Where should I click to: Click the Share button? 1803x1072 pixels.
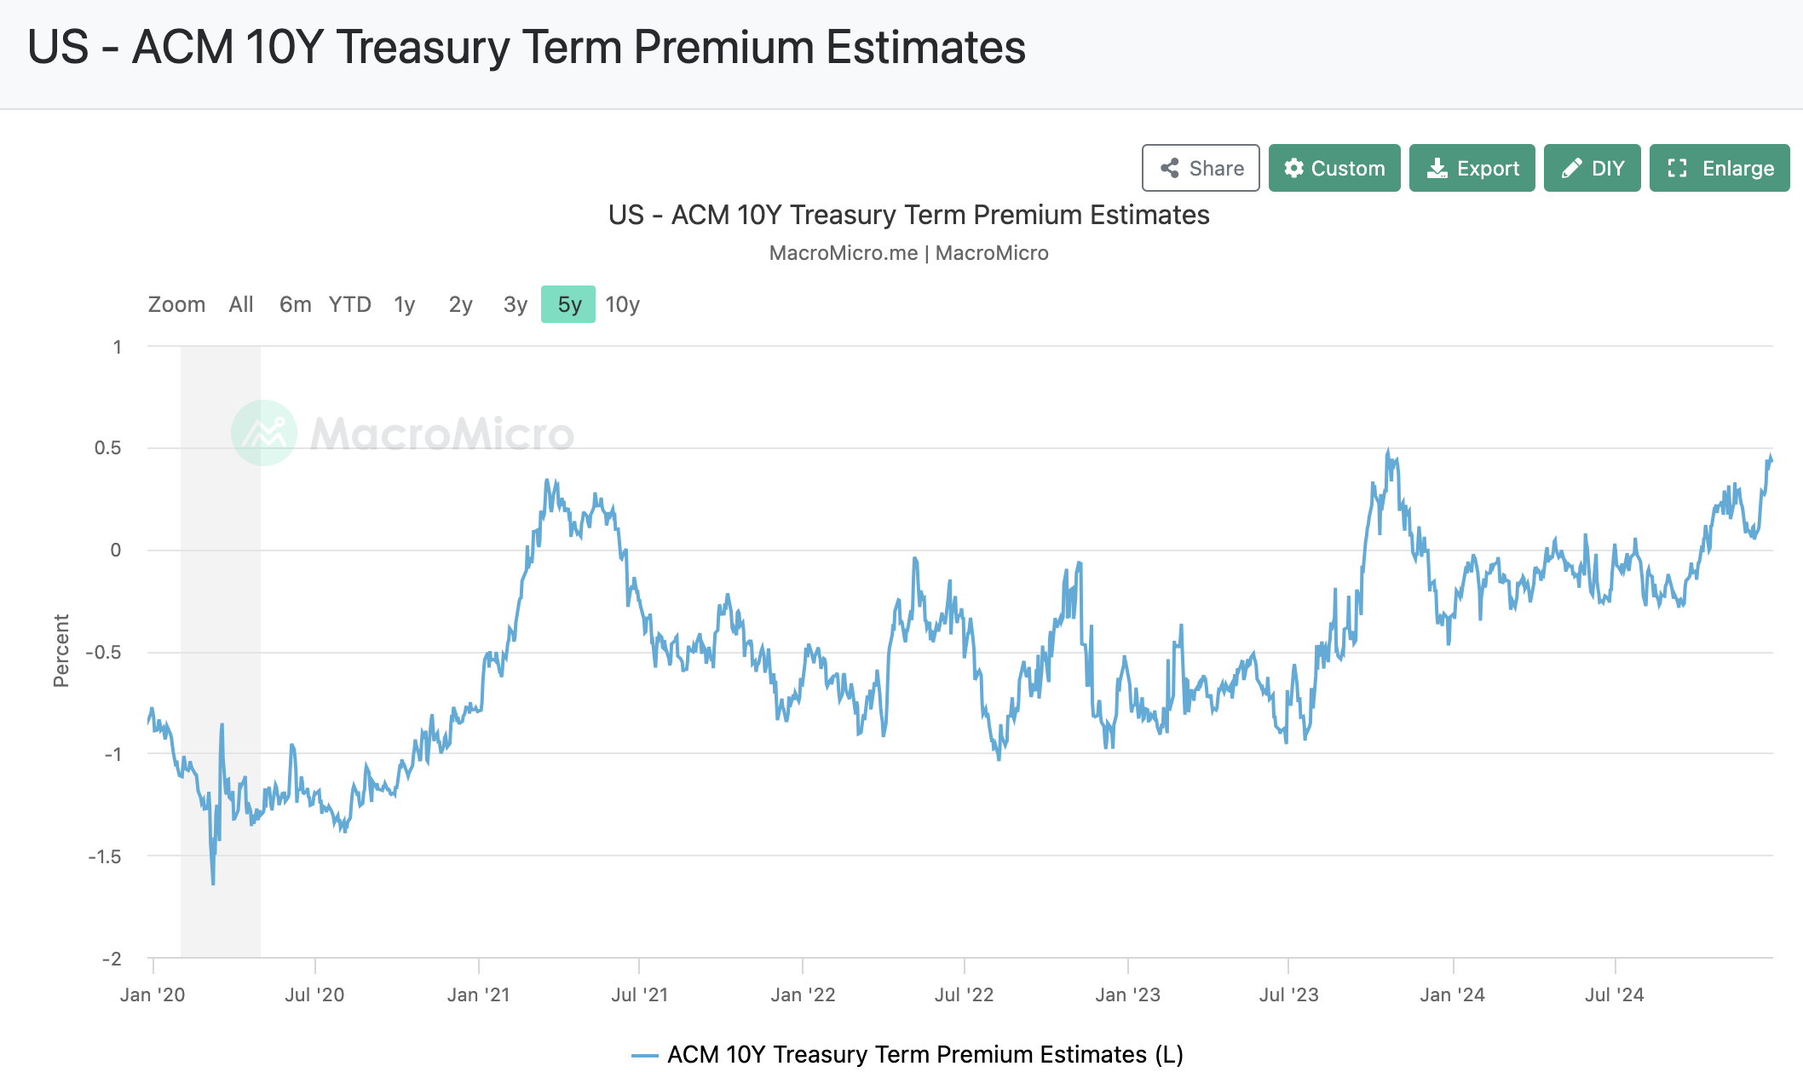point(1201,168)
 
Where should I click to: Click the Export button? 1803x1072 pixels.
point(1472,168)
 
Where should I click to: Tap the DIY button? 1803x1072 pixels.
point(1592,168)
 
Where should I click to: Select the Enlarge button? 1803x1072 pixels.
point(1719,168)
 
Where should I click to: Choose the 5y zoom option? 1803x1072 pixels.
point(568,304)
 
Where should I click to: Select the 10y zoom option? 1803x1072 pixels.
point(622,304)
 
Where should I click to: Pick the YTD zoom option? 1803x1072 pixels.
point(349,304)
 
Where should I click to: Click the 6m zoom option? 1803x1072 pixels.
point(295,304)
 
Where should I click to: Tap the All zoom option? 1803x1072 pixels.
point(241,304)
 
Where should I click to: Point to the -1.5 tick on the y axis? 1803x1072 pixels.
point(105,856)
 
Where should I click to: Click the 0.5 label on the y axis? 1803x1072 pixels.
point(108,448)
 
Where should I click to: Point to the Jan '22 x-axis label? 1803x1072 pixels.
point(803,994)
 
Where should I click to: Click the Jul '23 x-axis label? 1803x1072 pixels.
point(1288,994)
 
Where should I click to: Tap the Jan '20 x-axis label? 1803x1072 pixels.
point(153,994)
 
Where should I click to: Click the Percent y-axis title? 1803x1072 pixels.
point(61,650)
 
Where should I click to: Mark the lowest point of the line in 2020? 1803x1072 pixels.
point(213,884)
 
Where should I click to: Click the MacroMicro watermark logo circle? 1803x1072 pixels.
point(264,433)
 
